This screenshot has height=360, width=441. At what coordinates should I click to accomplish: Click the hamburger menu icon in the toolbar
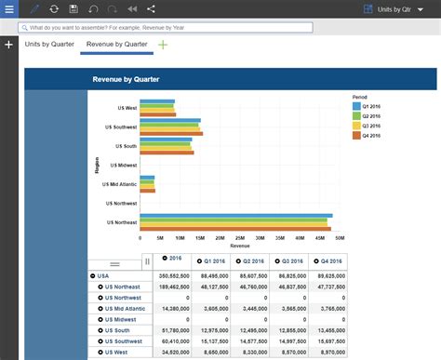pyautogui.click(x=9, y=8)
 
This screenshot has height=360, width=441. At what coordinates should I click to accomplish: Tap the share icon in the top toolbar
pyautogui.click(x=151, y=8)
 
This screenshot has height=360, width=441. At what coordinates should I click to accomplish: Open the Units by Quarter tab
pyautogui.click(x=50, y=45)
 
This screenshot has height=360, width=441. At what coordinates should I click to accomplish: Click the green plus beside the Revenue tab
pyautogui.click(x=164, y=45)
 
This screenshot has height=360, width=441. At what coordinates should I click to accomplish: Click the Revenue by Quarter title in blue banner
pyautogui.click(x=125, y=80)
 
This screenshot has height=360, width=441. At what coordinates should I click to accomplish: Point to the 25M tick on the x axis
pyautogui.click(x=240, y=237)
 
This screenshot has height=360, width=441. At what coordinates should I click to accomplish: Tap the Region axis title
pyautogui.click(x=98, y=165)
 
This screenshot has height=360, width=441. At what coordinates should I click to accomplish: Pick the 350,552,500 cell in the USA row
pyautogui.click(x=175, y=275)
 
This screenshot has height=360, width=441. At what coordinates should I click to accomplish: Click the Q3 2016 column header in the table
pyautogui.click(x=290, y=261)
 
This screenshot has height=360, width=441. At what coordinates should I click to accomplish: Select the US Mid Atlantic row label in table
pyautogui.click(x=125, y=308)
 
